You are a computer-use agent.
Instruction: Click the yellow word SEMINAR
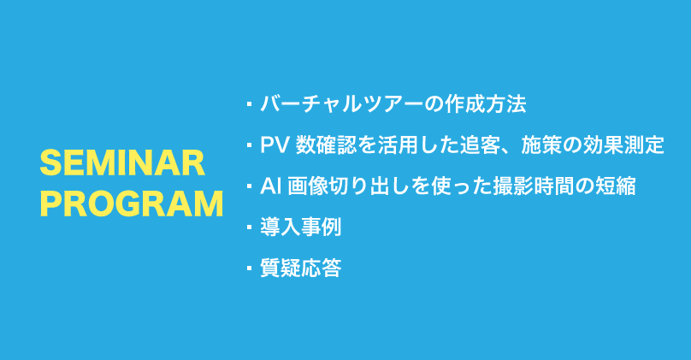122,163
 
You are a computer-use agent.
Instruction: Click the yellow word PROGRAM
132,204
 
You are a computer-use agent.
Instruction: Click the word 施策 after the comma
541,145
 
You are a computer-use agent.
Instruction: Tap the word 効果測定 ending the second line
623,145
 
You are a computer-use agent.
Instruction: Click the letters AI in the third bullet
268,186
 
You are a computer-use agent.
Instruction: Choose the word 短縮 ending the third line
616,186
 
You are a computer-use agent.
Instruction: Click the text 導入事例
301,227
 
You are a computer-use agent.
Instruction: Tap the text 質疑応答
301,268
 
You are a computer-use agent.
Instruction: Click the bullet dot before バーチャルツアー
250,104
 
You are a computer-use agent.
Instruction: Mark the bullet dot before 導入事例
250,227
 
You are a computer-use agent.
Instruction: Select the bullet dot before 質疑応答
250,268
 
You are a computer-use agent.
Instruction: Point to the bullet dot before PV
250,145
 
